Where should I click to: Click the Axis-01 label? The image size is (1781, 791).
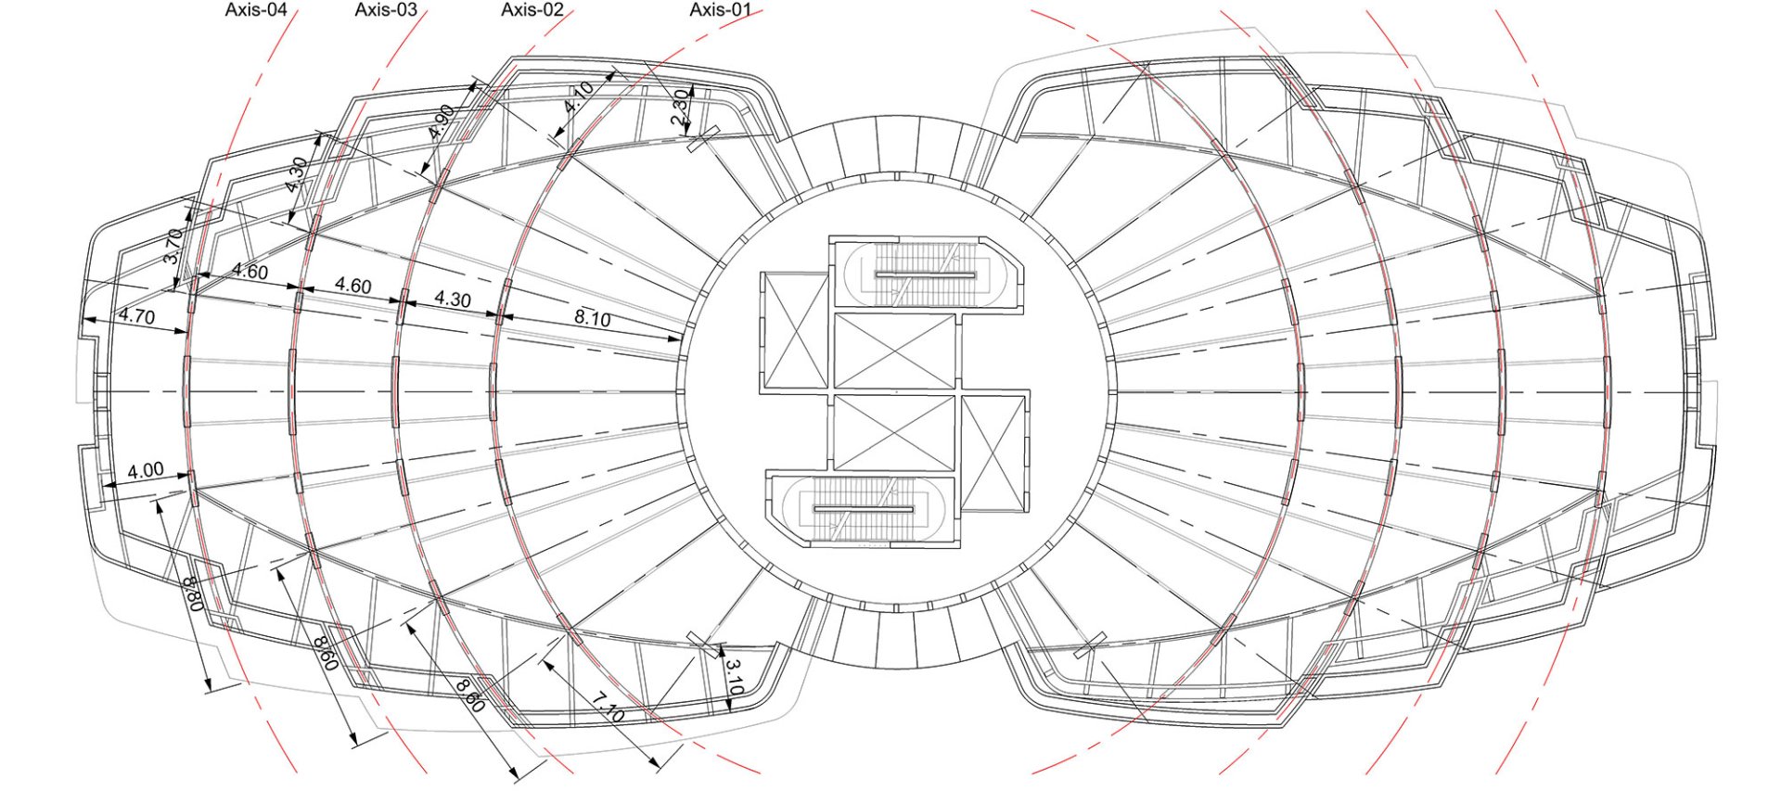coord(720,10)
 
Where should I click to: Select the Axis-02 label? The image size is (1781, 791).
coord(532,10)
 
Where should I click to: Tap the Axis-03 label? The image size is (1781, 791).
coord(386,10)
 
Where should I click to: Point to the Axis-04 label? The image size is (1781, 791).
coord(256,10)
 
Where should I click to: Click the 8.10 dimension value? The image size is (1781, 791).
coord(592,318)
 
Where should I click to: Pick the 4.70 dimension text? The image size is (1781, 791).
coord(136,316)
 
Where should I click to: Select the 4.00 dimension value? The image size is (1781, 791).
coord(146,470)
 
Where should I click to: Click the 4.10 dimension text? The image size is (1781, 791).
coord(579,97)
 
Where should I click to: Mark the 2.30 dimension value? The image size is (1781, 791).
coord(680,108)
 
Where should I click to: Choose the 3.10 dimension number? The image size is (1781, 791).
coord(734,678)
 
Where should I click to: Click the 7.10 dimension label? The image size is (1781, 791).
coord(609,708)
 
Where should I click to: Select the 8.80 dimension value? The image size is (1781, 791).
coord(195,593)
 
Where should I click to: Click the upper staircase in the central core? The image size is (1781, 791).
coord(926,274)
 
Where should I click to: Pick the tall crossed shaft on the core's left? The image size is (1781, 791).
coord(794,330)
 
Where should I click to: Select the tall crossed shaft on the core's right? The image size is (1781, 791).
coord(994,453)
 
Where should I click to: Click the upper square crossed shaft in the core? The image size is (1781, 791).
coord(895,351)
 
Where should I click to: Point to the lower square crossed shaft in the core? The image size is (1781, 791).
coord(895,432)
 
